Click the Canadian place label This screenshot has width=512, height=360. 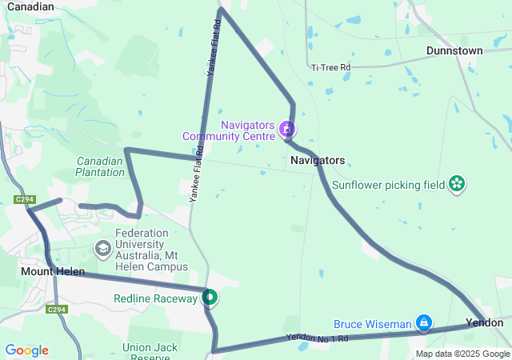pyautogui.click(x=30, y=6)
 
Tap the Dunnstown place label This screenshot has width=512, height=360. pyautogui.click(x=454, y=50)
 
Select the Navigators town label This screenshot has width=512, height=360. pyautogui.click(x=318, y=160)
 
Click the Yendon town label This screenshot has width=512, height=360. pyautogui.click(x=485, y=322)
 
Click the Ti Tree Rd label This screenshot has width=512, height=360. pyautogui.click(x=331, y=68)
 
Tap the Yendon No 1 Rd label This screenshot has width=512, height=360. pyautogui.click(x=318, y=339)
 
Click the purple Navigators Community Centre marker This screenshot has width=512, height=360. pyautogui.click(x=287, y=129)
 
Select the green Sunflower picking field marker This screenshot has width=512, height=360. pyautogui.click(x=457, y=184)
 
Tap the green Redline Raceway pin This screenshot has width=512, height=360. pyautogui.click(x=210, y=298)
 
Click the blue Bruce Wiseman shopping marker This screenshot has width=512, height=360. pyautogui.click(x=424, y=323)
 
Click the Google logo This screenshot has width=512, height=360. pyautogui.click(x=26, y=350)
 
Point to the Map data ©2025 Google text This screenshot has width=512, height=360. pyautogui.click(x=462, y=354)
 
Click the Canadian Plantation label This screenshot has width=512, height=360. pyautogui.click(x=100, y=166)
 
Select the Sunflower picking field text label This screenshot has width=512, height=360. pyautogui.click(x=389, y=184)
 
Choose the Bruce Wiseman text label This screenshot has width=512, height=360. pyautogui.click(x=372, y=324)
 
